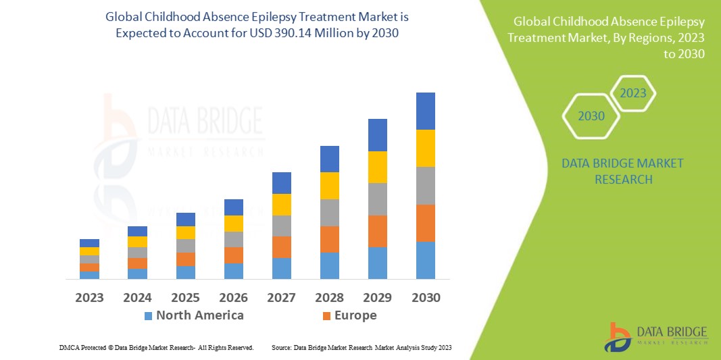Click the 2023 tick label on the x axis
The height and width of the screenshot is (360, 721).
pos(89,297)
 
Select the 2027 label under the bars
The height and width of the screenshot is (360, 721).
pos(282,297)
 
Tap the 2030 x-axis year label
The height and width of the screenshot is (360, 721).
pos(426,297)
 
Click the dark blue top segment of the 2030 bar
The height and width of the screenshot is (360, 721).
pos(426,111)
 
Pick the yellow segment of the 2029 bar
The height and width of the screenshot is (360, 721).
pos(377,167)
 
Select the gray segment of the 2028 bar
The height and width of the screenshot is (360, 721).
pos(329,212)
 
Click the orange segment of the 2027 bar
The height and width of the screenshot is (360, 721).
pos(282,247)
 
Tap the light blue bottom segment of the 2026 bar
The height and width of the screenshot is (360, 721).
pos(233,271)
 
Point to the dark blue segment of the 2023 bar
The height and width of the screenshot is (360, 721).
pos(89,243)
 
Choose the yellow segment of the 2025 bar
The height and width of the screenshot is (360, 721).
pos(186,232)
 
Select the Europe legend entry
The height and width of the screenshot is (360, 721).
pos(355,315)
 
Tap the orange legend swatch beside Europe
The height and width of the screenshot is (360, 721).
pos(327,315)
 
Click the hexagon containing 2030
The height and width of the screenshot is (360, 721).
pos(591,116)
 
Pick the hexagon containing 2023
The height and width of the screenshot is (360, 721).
pos(633,93)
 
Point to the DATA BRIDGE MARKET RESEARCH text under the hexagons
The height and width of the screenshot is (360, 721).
pos(622,171)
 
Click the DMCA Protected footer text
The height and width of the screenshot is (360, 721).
pos(155,347)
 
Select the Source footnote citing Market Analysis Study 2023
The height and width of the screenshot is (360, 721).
pos(362,347)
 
